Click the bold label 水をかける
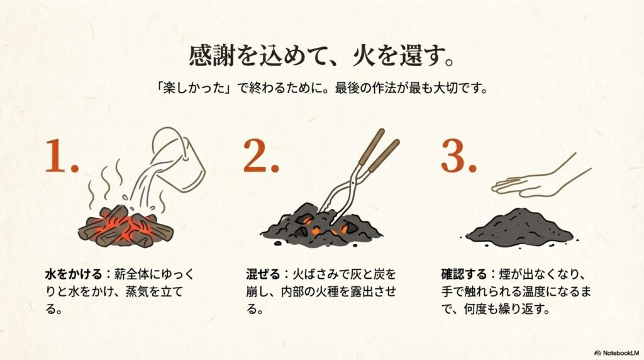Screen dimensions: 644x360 74,274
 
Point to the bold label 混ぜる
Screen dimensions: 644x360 263,274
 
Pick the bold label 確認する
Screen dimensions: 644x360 464,274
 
